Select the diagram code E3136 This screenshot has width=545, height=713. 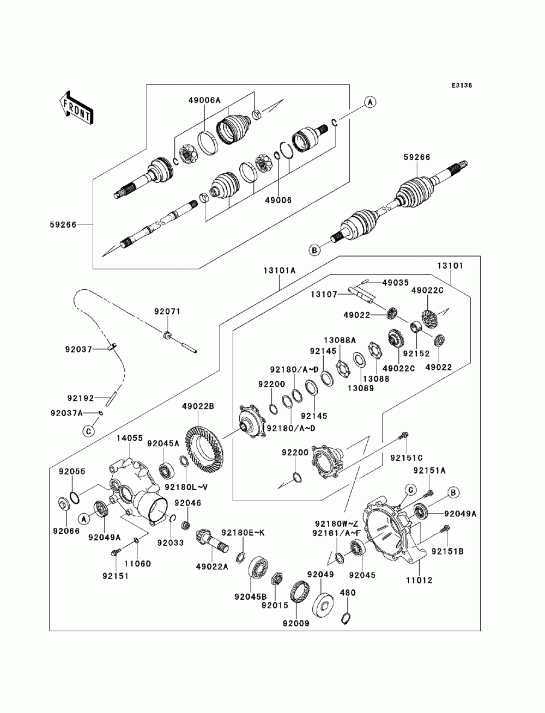(461, 86)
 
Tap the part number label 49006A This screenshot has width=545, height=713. (204, 100)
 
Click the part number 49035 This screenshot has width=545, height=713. (395, 283)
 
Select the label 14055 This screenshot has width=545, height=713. (129, 437)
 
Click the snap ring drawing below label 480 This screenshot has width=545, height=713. (345, 618)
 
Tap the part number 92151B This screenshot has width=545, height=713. (447, 551)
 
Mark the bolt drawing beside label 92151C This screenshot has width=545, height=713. (404, 435)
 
